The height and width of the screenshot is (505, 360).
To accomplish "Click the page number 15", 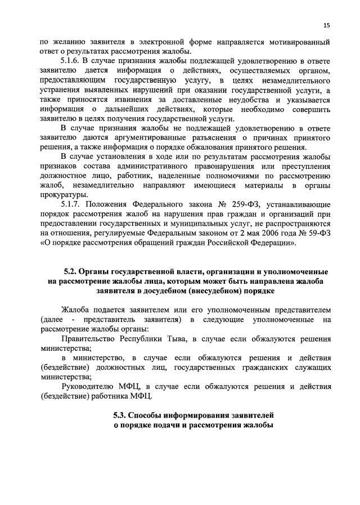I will [x=326, y=25].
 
